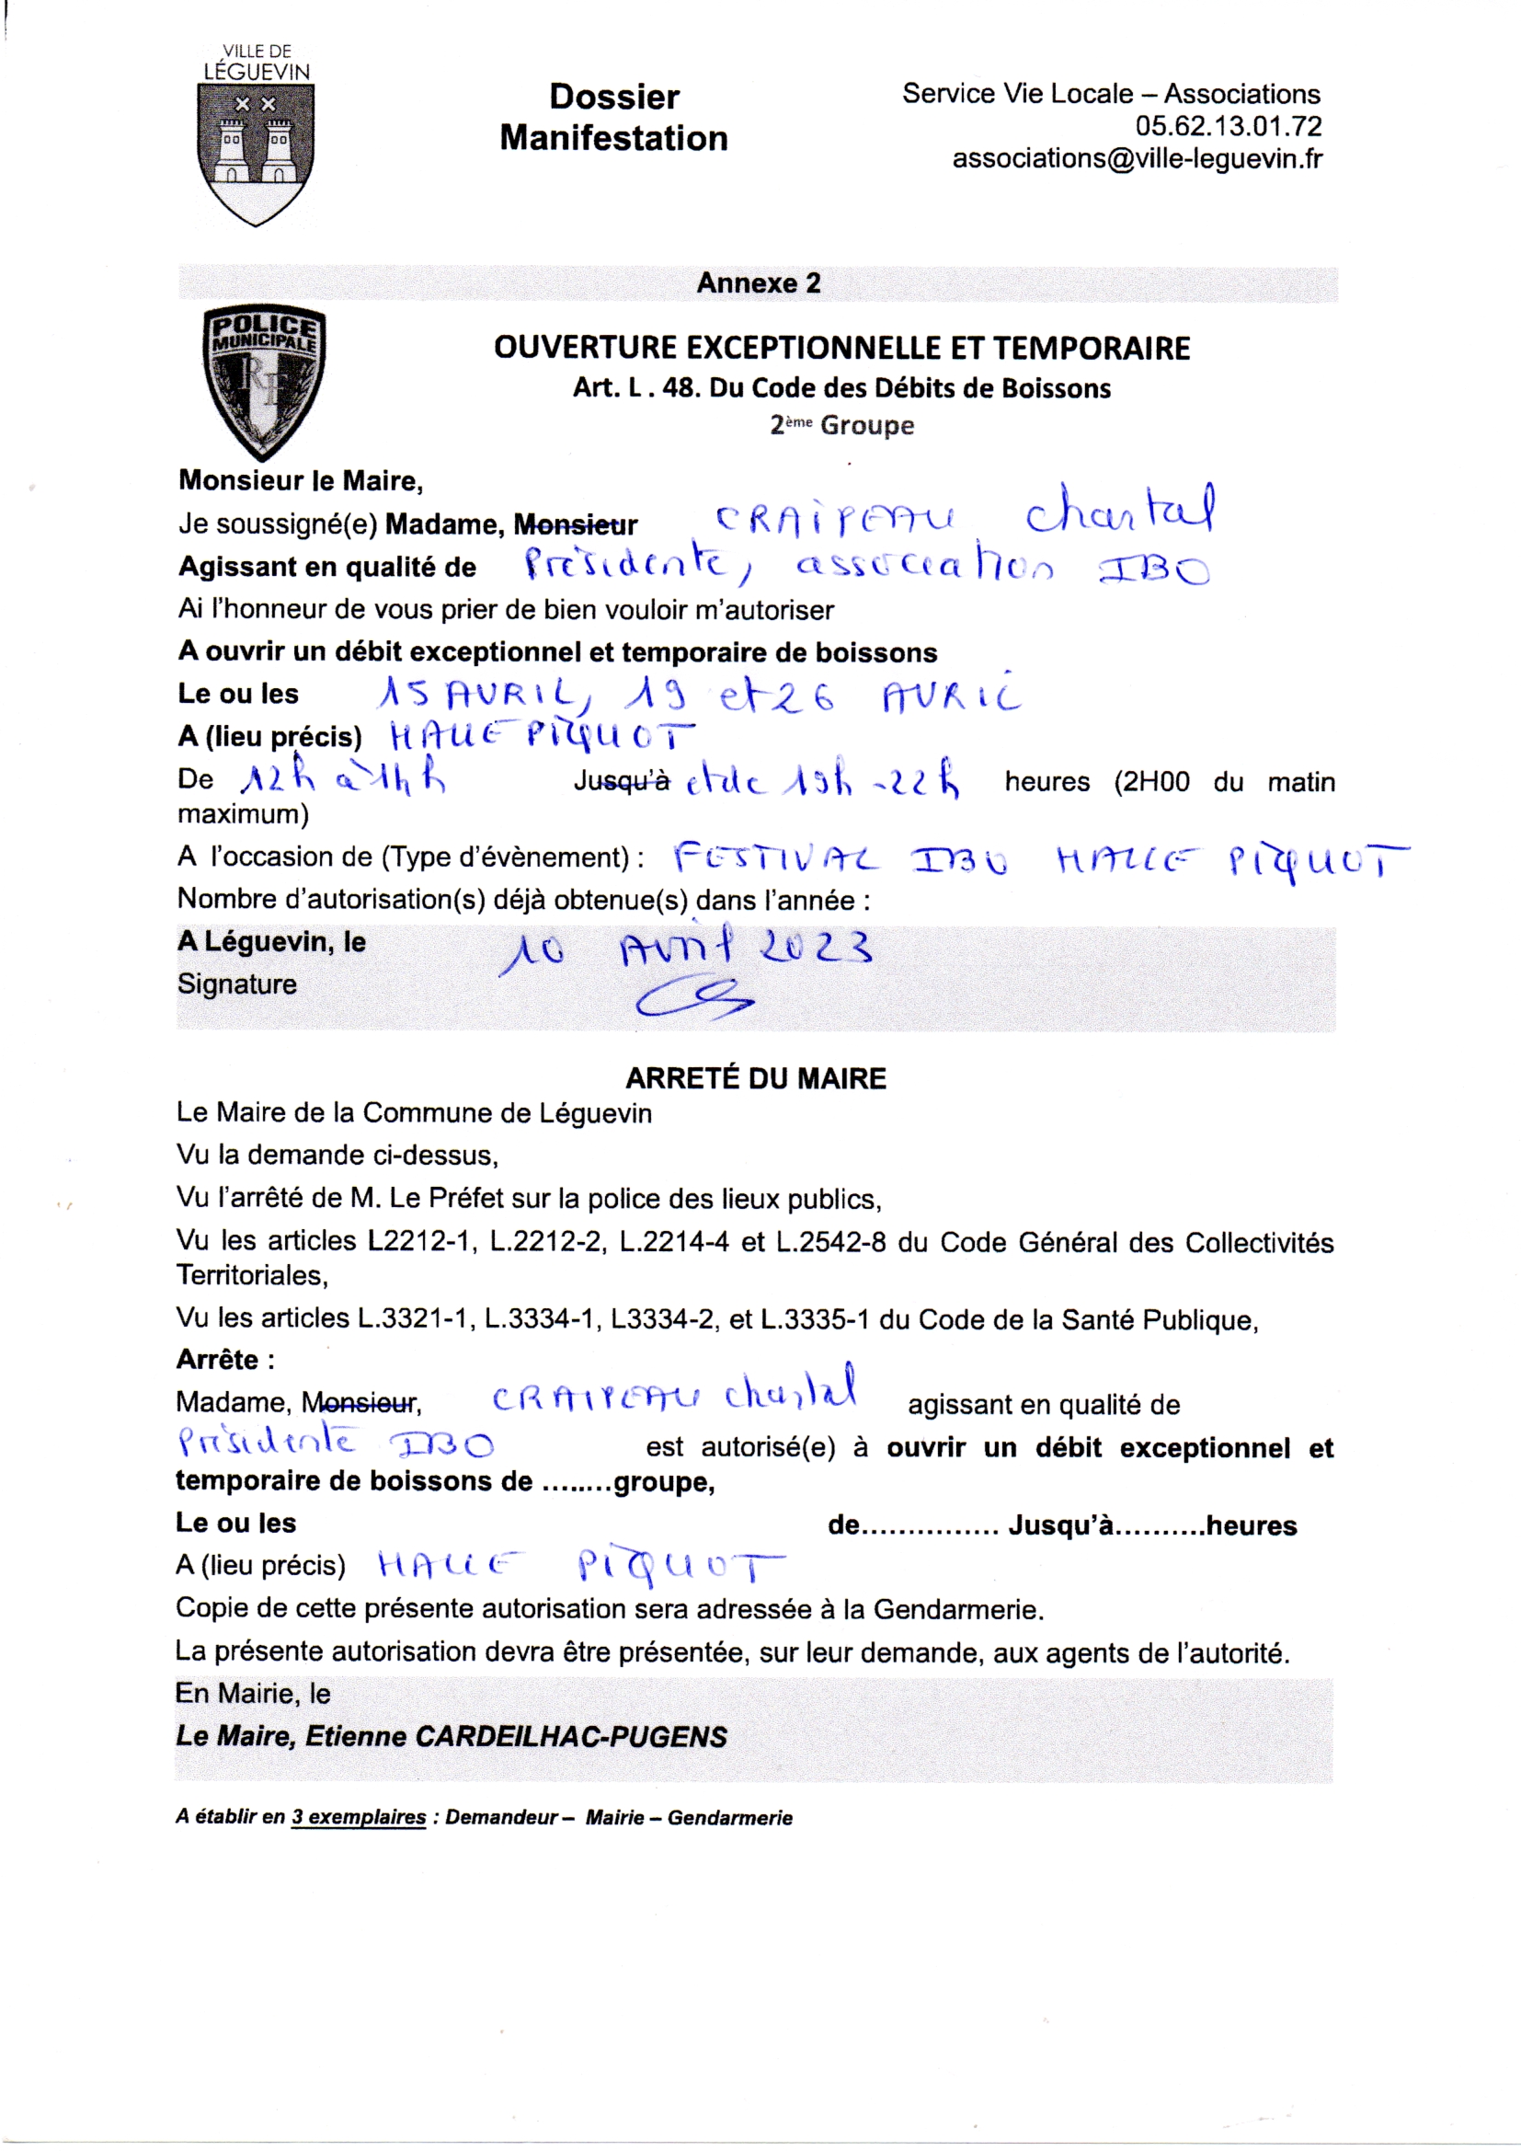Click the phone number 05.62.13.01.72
(1228, 126)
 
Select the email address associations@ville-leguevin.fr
(1137, 159)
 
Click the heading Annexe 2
(758, 283)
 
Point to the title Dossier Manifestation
(613, 117)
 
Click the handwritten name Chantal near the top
(1121, 512)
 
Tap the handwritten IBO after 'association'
(1154, 569)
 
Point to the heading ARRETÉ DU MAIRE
(756, 1078)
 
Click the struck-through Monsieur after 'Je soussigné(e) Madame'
(575, 525)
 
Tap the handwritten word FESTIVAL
(775, 858)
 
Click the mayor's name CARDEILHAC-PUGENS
(570, 1737)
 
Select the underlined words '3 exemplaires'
(358, 1817)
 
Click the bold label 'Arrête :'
(224, 1360)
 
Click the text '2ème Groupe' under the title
(841, 425)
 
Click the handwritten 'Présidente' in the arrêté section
(268, 1443)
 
